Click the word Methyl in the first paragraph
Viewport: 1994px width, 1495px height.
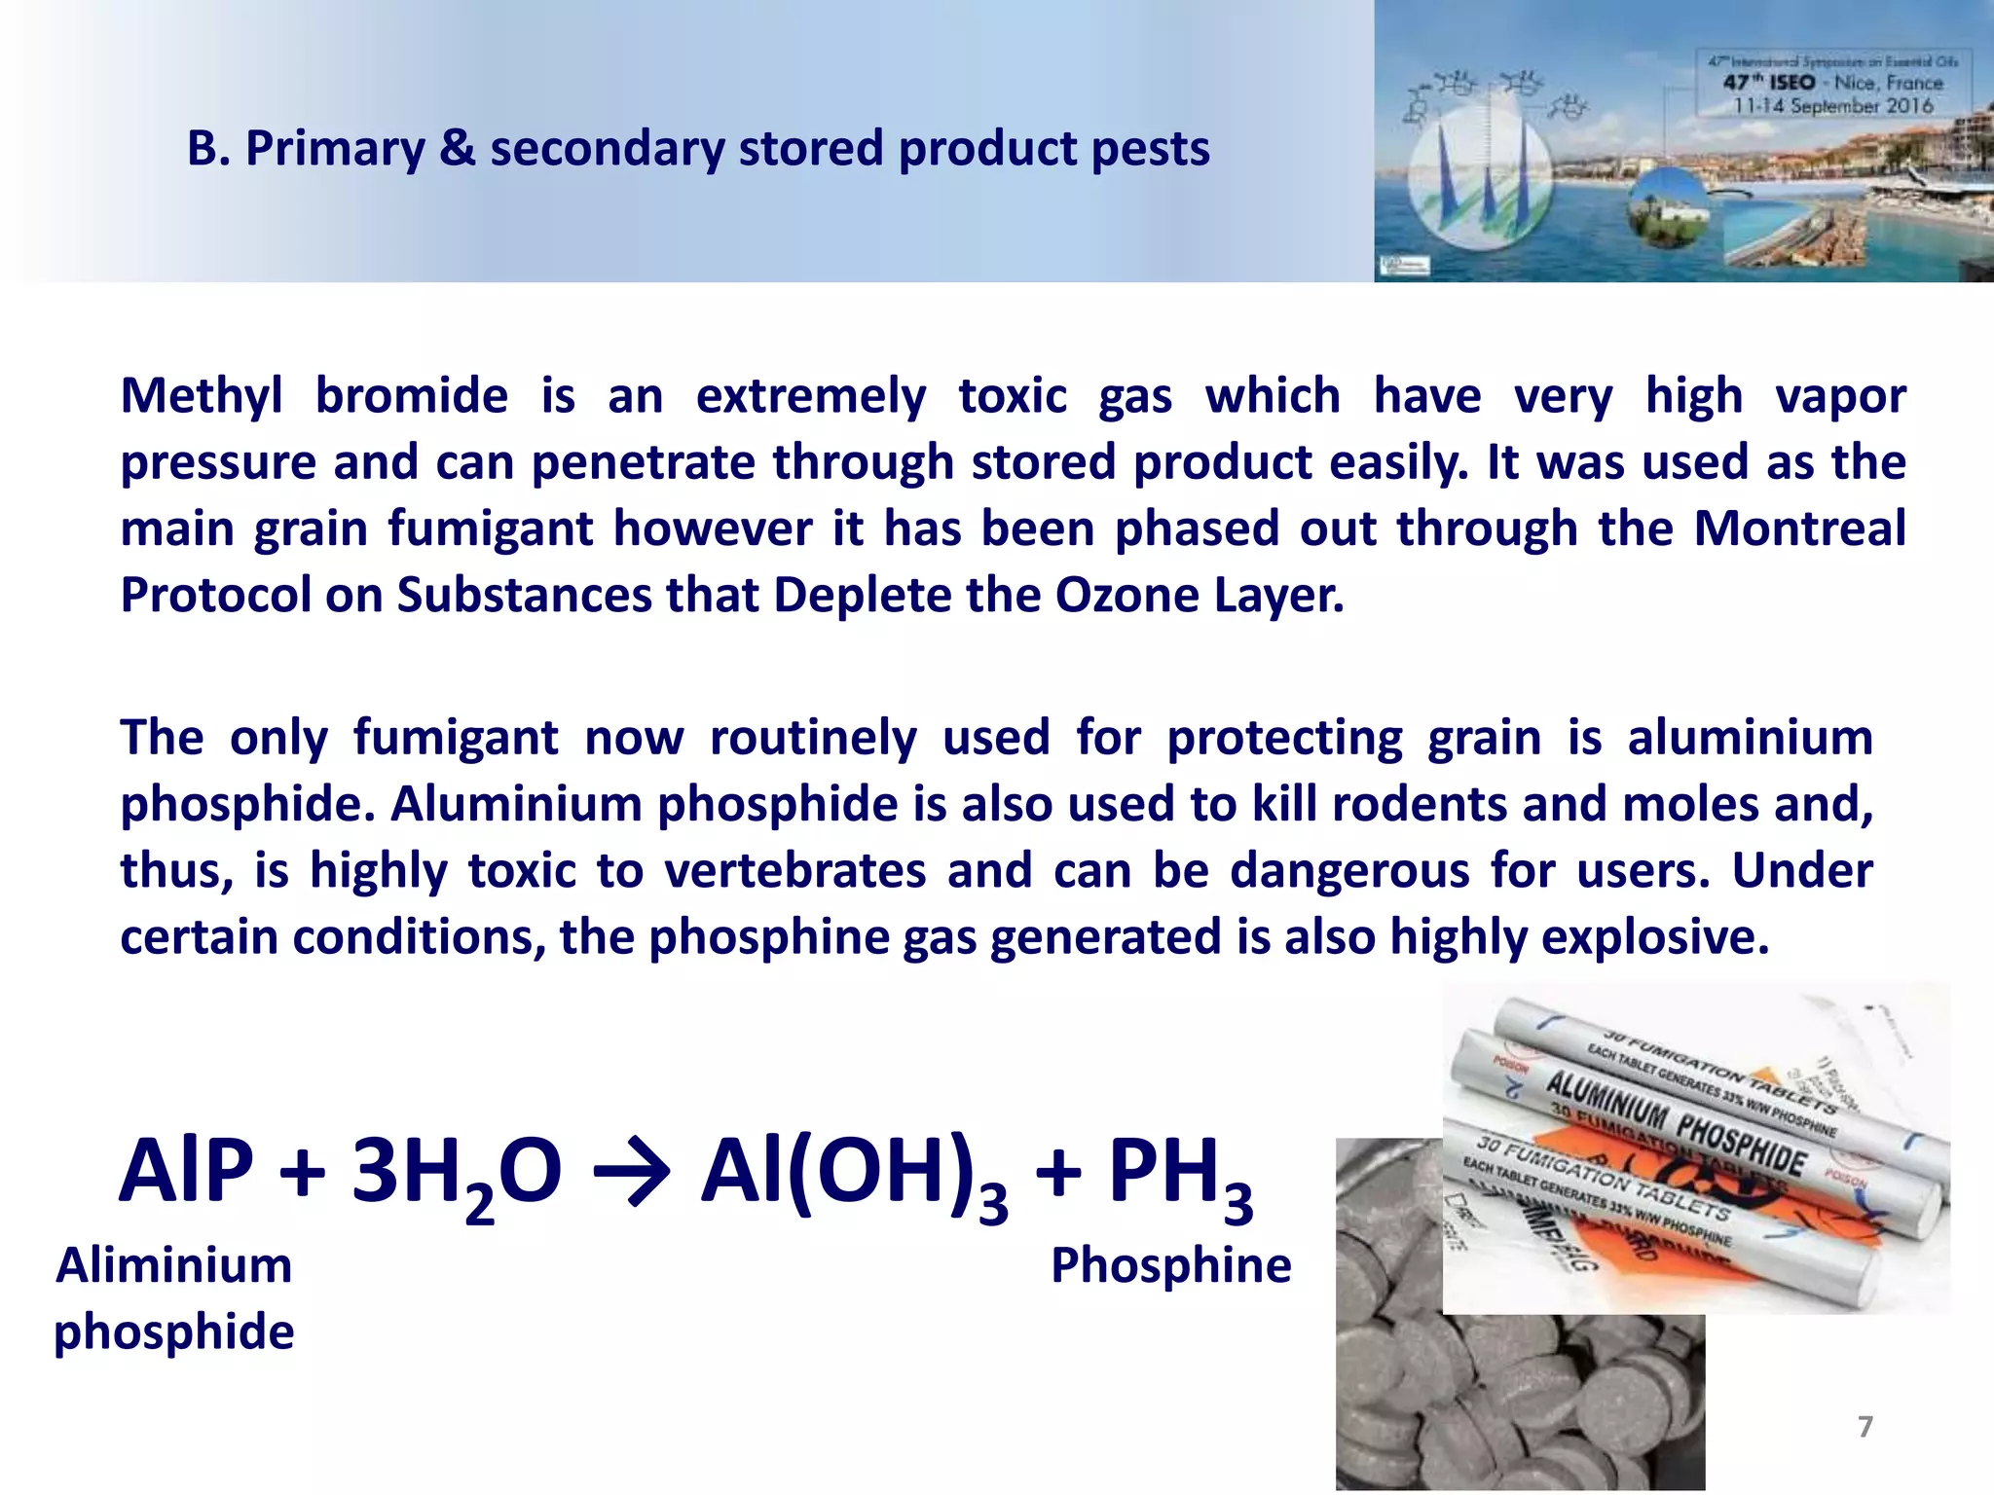202,397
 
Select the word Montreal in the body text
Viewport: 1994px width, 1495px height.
1799,529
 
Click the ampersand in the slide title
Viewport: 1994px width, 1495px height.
458,149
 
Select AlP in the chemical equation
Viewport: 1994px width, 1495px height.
186,1172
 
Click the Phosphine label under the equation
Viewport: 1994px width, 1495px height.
1170,1265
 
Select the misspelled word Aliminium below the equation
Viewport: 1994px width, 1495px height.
174,1265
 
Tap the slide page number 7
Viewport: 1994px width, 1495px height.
1865,1427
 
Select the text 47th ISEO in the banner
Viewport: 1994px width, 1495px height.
1769,83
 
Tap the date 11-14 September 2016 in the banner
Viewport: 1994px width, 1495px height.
1832,106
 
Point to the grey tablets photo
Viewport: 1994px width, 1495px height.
1460,1392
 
